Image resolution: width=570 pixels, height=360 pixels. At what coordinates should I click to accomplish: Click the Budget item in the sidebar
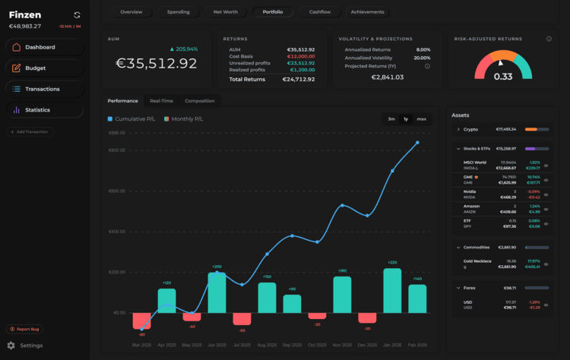(35, 68)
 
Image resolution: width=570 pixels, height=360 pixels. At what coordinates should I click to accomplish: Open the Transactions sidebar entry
(42, 89)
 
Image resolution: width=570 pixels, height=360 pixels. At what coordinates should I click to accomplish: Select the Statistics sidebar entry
(37, 110)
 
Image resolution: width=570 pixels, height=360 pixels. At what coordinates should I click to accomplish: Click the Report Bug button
(25, 329)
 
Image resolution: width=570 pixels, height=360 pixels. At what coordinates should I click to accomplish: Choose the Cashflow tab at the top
(319, 12)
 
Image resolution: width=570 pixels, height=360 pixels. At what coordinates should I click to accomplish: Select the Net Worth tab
(225, 12)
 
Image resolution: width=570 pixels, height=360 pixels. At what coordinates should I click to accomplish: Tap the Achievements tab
(367, 12)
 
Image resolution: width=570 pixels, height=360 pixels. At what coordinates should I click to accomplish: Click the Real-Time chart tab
(161, 101)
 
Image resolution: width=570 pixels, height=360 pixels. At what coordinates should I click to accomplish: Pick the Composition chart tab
(199, 101)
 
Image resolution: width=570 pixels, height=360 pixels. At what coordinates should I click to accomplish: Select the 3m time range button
(391, 118)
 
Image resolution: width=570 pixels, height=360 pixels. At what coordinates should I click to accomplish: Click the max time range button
(421, 118)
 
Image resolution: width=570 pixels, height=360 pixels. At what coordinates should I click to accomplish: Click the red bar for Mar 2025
(141, 321)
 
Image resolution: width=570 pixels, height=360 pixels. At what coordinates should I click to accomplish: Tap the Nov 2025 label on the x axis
(342, 344)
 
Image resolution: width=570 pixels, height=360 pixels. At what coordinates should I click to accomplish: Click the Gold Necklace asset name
(478, 261)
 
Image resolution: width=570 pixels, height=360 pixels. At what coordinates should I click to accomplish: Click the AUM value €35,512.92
(156, 64)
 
